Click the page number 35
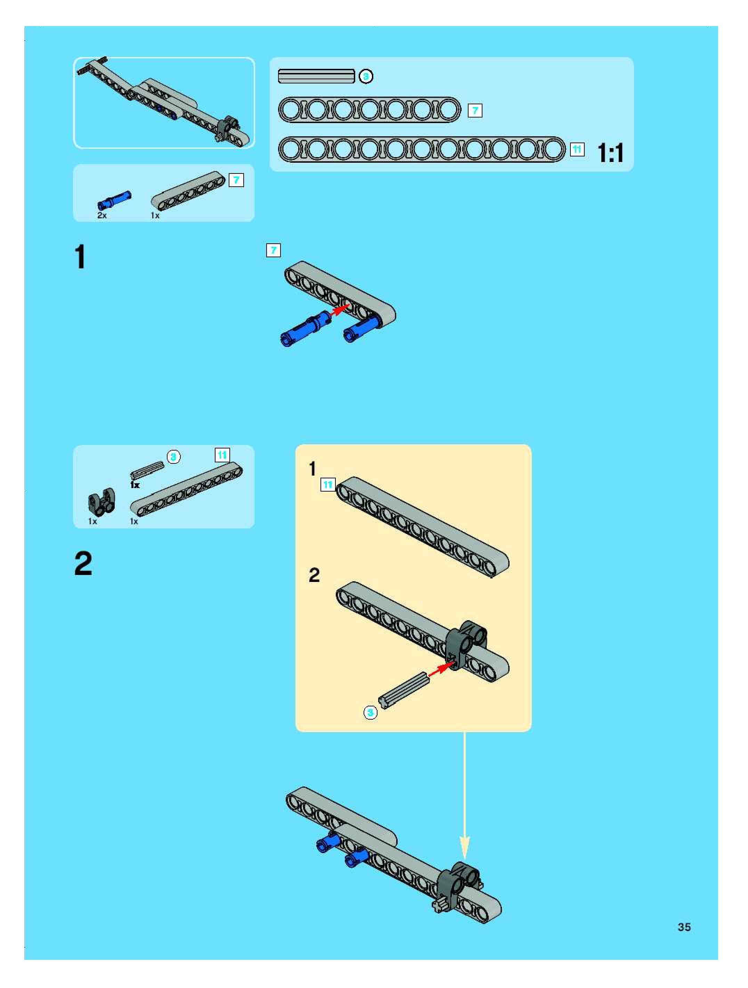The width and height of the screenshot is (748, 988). pos(684,927)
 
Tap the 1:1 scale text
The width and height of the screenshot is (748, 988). pos(610,153)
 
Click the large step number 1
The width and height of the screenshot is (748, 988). pos(80,257)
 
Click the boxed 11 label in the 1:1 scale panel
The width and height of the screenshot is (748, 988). pos(577,149)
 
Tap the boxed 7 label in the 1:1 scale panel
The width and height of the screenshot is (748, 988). pos(475,110)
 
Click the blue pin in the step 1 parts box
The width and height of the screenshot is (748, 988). pos(114,199)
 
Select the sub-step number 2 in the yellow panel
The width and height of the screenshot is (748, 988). pos(314,575)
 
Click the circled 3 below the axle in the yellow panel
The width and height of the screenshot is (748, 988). pos(370,712)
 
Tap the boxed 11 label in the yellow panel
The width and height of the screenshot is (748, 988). pos(328,485)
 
